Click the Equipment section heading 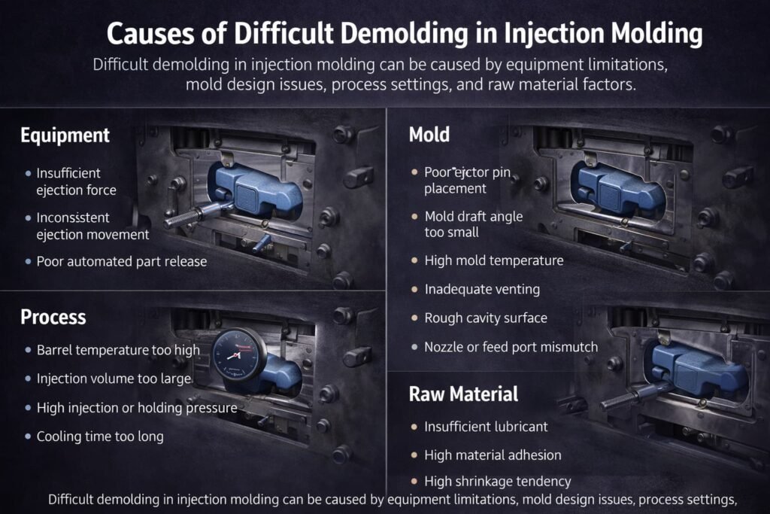tap(65, 135)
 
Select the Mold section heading tap(429, 135)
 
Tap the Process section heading tap(53, 318)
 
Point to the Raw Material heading tap(463, 394)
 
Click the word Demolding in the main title tap(400, 33)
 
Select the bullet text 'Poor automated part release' tap(122, 261)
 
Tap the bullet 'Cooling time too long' tap(100, 436)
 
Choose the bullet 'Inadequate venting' tap(482, 290)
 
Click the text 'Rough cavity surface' tap(486, 318)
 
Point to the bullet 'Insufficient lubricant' tap(486, 427)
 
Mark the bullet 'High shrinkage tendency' tap(498, 481)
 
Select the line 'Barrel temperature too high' tap(118, 350)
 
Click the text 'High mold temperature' tap(494, 260)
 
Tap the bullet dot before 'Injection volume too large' tap(28, 379)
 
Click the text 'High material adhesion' tap(493, 455)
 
